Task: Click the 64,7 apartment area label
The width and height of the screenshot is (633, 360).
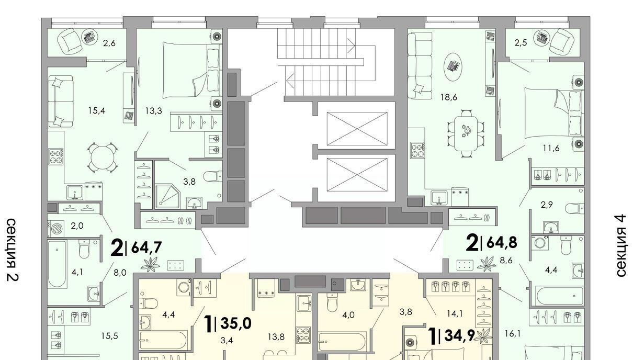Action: [x=146, y=248]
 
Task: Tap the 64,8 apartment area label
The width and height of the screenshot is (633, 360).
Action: [x=502, y=242]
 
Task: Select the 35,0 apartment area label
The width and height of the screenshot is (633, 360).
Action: [x=236, y=323]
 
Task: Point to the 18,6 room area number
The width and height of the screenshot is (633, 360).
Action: [x=449, y=97]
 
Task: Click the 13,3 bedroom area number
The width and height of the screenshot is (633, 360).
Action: [x=154, y=111]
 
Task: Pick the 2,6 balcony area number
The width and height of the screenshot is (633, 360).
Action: [x=109, y=43]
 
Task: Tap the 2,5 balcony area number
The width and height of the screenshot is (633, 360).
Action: [x=521, y=43]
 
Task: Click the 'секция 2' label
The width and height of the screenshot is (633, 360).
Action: [x=13, y=250]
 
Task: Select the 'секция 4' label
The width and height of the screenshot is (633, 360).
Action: [x=621, y=246]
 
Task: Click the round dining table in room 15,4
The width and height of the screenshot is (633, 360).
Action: [x=103, y=157]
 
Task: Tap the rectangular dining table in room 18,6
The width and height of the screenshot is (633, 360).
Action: [x=466, y=133]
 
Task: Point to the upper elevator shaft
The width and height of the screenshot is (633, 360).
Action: [x=357, y=129]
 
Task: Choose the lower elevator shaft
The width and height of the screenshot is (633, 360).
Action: [x=357, y=175]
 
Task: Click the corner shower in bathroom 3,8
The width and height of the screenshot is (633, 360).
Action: [x=168, y=196]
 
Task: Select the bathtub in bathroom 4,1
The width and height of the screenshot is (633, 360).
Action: [x=58, y=264]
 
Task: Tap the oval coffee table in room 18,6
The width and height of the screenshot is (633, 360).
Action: [x=453, y=67]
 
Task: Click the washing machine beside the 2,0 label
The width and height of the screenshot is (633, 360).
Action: [x=56, y=229]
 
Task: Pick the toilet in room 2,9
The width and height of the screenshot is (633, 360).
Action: [x=574, y=208]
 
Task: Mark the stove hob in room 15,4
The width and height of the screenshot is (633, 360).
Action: [x=56, y=156]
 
